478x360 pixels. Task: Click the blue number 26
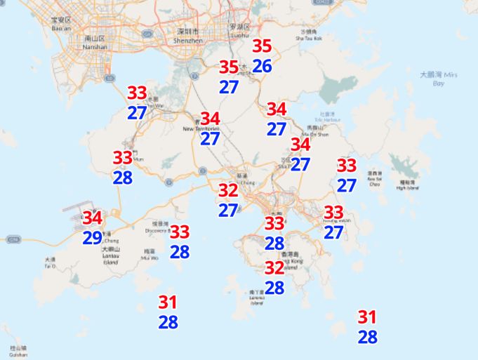point(262,67)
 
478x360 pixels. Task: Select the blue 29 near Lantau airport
point(93,238)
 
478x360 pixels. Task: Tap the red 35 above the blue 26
point(262,46)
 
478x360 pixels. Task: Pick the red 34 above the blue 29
point(93,218)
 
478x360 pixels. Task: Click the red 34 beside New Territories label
point(210,119)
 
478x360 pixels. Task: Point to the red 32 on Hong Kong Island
point(274,267)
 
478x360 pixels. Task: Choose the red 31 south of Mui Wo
point(168,302)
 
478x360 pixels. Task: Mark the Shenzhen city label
point(187,36)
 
